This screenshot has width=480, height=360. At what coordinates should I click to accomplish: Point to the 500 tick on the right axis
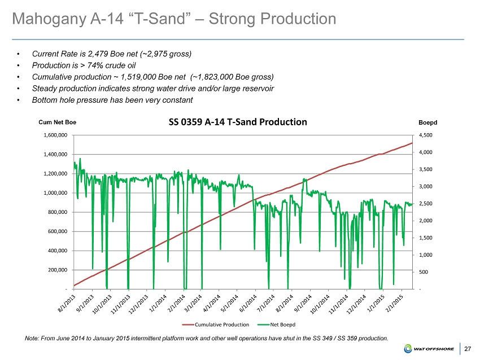click(422, 272)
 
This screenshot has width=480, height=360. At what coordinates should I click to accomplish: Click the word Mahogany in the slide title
click(47, 19)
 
